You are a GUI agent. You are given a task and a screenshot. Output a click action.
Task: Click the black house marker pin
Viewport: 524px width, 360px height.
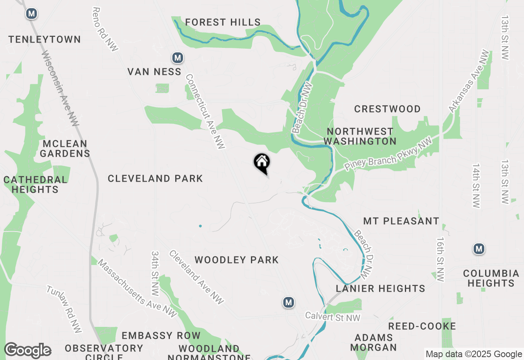click(x=262, y=163)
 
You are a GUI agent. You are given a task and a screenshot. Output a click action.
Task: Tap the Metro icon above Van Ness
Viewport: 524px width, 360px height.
click(x=177, y=58)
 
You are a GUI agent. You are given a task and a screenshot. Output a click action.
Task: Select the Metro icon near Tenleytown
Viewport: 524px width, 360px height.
click(x=31, y=13)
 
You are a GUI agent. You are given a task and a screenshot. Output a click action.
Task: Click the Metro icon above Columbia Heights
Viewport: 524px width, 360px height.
click(x=479, y=248)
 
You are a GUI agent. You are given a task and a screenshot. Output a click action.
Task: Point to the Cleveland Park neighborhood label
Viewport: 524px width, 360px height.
click(x=155, y=178)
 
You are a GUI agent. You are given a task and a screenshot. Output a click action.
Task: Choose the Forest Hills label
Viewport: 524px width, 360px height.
click(x=223, y=22)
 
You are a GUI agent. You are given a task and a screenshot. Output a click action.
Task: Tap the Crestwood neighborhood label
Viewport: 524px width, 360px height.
click(x=387, y=109)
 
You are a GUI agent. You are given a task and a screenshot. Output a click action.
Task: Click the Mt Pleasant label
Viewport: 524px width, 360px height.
click(x=401, y=221)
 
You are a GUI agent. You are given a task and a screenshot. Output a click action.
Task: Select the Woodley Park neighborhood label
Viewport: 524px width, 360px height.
click(x=237, y=260)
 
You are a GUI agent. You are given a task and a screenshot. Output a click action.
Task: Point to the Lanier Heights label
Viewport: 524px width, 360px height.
click(x=380, y=288)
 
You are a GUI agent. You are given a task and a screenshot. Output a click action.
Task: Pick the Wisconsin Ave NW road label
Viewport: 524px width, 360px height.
click(x=60, y=88)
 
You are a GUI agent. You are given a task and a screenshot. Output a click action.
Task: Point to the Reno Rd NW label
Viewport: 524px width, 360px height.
click(x=105, y=29)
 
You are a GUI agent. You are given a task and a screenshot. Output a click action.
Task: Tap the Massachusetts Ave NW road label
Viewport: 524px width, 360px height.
click(x=137, y=288)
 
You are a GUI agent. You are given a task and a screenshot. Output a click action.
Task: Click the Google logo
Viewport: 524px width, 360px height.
click(x=27, y=351)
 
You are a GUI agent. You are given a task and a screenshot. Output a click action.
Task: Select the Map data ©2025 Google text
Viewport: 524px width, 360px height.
click(x=474, y=354)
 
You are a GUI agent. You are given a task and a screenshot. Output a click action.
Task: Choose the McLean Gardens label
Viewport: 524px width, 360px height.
click(x=65, y=148)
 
